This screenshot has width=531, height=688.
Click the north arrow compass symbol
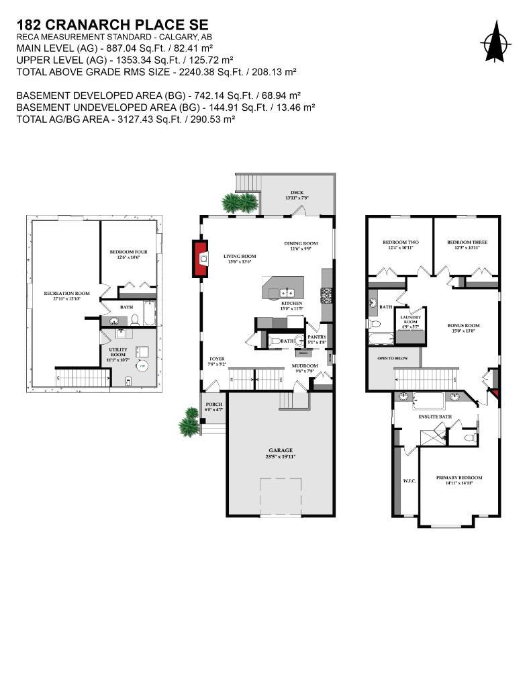[x=496, y=42]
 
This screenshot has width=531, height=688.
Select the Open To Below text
[x=393, y=358]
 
